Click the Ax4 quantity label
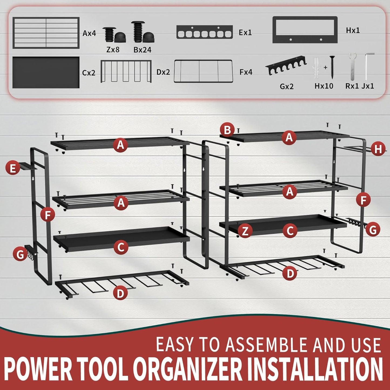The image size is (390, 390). coord(89,33)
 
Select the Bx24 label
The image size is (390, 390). coord(142,50)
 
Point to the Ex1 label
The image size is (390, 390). coord(245,33)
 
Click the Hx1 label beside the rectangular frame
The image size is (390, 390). coord(353,30)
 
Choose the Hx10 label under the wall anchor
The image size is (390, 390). coord(324,86)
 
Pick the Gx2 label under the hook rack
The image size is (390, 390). coord(286,86)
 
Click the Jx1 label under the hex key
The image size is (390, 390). coord(368,86)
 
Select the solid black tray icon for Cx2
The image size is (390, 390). coord(46,72)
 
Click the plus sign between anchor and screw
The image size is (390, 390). coord(325,67)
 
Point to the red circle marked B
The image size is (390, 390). coord(227,130)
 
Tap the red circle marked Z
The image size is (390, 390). coord(245,231)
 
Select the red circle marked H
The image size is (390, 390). coord(378,149)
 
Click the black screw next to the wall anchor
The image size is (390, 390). coord(332,67)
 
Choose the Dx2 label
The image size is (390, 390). coord(163,72)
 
